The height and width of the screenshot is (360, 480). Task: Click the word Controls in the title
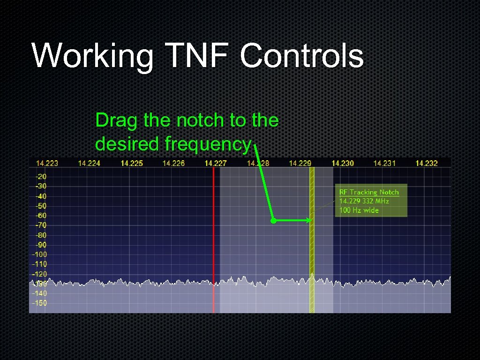[301, 55]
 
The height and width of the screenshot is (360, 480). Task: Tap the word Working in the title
[93, 55]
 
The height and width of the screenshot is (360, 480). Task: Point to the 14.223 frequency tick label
[47, 163]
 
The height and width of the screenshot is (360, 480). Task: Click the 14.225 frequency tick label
[132, 163]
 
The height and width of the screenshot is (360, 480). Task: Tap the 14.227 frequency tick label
[216, 163]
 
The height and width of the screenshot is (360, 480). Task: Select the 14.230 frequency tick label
[343, 163]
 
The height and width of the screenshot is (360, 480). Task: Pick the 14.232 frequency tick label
[427, 163]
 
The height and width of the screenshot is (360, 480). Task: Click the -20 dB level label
[41, 177]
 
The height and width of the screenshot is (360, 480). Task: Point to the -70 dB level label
[41, 225]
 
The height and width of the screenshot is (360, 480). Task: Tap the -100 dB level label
[39, 255]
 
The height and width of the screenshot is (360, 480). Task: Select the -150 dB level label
[39, 303]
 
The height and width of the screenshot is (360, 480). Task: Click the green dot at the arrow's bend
[273, 220]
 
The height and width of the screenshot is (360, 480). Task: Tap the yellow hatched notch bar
[312, 244]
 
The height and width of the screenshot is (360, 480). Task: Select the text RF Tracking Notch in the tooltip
[369, 192]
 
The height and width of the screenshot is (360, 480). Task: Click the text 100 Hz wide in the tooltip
[359, 210]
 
